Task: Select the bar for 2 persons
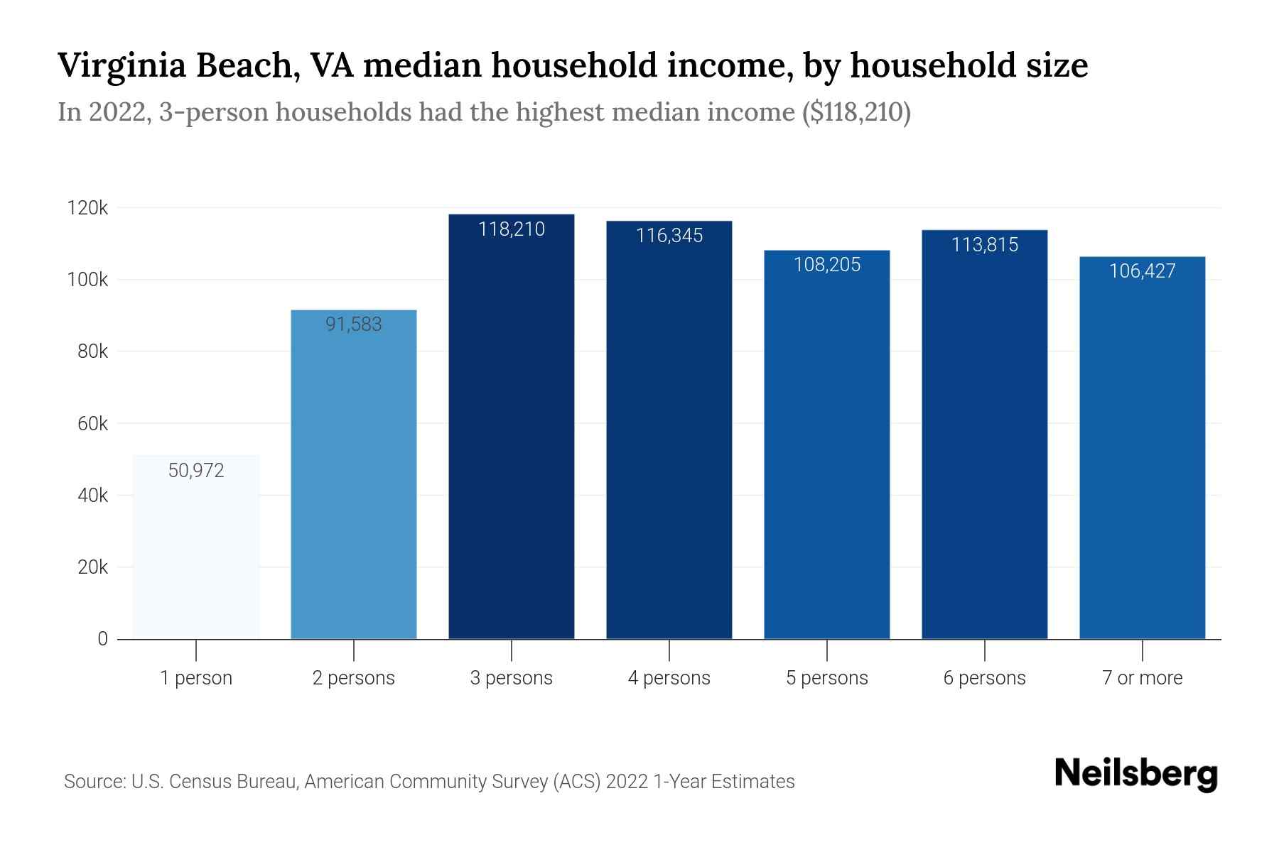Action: pyautogui.click(x=354, y=483)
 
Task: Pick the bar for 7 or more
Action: pyautogui.click(x=1142, y=454)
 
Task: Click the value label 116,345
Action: pyautogui.click(x=669, y=236)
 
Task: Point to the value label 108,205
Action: pyautogui.click(x=827, y=265)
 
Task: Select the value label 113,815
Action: pyautogui.click(x=985, y=245)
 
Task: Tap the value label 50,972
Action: pyautogui.click(x=196, y=471)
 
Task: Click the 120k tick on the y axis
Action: pyautogui.click(x=87, y=208)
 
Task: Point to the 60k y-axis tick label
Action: pyautogui.click(x=92, y=424)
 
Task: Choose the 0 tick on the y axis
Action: pyautogui.click(x=102, y=639)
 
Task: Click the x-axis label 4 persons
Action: pyautogui.click(x=669, y=678)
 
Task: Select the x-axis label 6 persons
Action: pyautogui.click(x=985, y=678)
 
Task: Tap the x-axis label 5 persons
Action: pyautogui.click(x=827, y=678)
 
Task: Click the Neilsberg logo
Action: pyautogui.click(x=1135, y=774)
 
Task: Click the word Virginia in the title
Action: pyautogui.click(x=121, y=66)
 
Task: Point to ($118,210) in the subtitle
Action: pyautogui.click(x=856, y=112)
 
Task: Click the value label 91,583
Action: pyautogui.click(x=354, y=324)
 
